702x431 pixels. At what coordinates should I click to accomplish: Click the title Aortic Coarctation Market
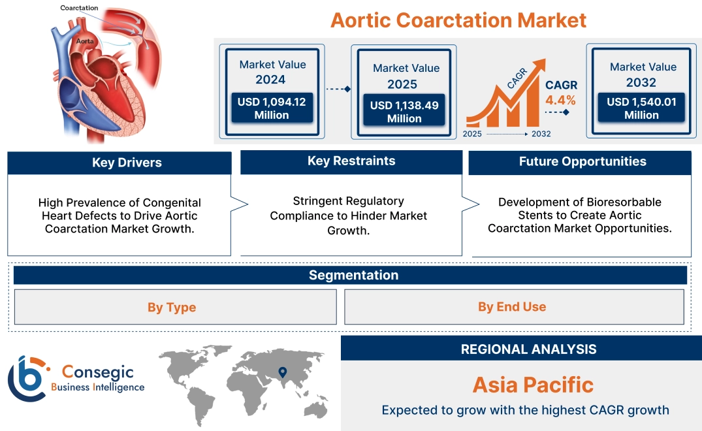(x=458, y=20)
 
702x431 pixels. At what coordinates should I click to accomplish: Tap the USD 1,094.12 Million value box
(x=271, y=108)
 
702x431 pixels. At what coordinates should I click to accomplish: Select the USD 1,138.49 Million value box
(x=404, y=112)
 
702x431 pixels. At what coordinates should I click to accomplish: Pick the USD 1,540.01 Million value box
(x=641, y=108)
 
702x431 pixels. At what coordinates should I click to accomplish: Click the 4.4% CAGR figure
(x=560, y=100)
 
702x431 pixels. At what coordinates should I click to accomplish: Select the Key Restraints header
(x=351, y=161)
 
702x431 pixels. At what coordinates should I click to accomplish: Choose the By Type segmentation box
(x=172, y=307)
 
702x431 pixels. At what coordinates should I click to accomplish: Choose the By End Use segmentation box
(x=512, y=306)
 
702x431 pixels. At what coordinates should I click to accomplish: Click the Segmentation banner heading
(x=353, y=275)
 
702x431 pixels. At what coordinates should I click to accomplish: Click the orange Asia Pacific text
(x=533, y=385)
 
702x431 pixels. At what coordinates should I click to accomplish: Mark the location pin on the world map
(x=282, y=373)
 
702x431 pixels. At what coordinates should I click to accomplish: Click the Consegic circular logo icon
(x=27, y=379)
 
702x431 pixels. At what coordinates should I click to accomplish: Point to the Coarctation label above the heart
(x=79, y=8)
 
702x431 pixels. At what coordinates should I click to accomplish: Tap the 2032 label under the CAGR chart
(x=541, y=134)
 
